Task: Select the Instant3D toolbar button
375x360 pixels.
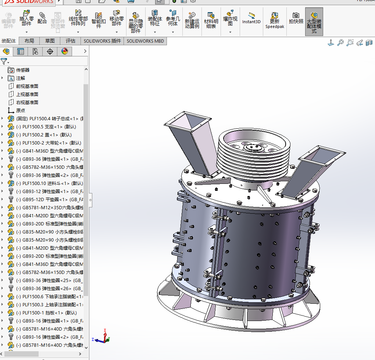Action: pyautogui.click(x=251, y=18)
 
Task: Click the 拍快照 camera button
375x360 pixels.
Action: pyautogui.click(x=296, y=18)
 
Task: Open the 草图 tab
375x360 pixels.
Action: pyautogui.click(x=50, y=41)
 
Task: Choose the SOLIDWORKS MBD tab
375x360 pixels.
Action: pyautogui.click(x=145, y=41)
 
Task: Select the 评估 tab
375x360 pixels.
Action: pyautogui.click(x=71, y=41)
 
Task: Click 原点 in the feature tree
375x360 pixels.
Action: pyautogui.click(x=21, y=110)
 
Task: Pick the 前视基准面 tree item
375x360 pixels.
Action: pyautogui.click(x=27, y=86)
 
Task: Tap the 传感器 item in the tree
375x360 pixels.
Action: pyautogui.click(x=22, y=70)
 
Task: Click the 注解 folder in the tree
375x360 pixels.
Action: pyautogui.click(x=20, y=78)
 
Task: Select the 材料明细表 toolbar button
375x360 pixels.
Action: pyautogui.click(x=211, y=20)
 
